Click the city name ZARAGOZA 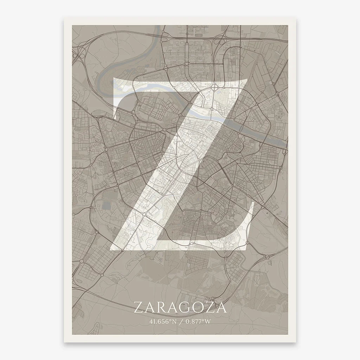pyautogui.click(x=180, y=308)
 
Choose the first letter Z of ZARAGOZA pyautogui.click(x=139, y=308)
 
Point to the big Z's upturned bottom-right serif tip pyautogui.click(x=252, y=206)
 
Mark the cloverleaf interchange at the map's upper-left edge pyautogui.click(x=79, y=54)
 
